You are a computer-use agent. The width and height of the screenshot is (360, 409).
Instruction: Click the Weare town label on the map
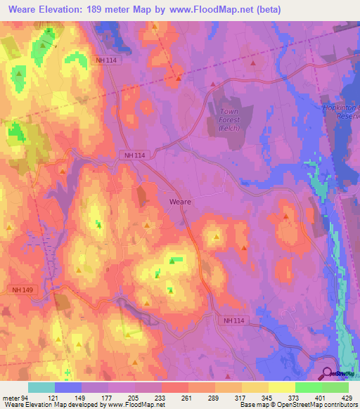point(181,201)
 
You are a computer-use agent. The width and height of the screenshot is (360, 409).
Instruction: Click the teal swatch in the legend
point(41,387)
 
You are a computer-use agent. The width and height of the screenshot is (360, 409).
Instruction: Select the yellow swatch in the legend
point(282,387)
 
